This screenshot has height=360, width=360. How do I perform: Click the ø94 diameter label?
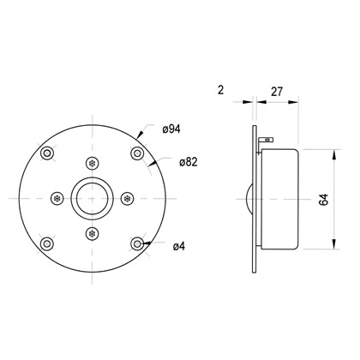click(x=171, y=129)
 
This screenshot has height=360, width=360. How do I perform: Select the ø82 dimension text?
click(x=189, y=162)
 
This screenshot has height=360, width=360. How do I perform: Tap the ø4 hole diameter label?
click(x=179, y=246)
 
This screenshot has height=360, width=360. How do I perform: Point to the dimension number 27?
click(x=277, y=92)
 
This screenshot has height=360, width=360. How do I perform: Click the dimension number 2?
click(x=220, y=90)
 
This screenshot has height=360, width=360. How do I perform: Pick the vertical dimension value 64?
click(x=324, y=200)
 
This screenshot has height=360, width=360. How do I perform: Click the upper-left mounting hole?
click(x=47, y=153)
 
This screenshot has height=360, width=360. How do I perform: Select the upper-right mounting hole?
click(x=137, y=153)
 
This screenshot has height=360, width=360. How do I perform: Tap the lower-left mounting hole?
click(x=47, y=243)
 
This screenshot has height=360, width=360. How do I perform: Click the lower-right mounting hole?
click(x=137, y=243)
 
